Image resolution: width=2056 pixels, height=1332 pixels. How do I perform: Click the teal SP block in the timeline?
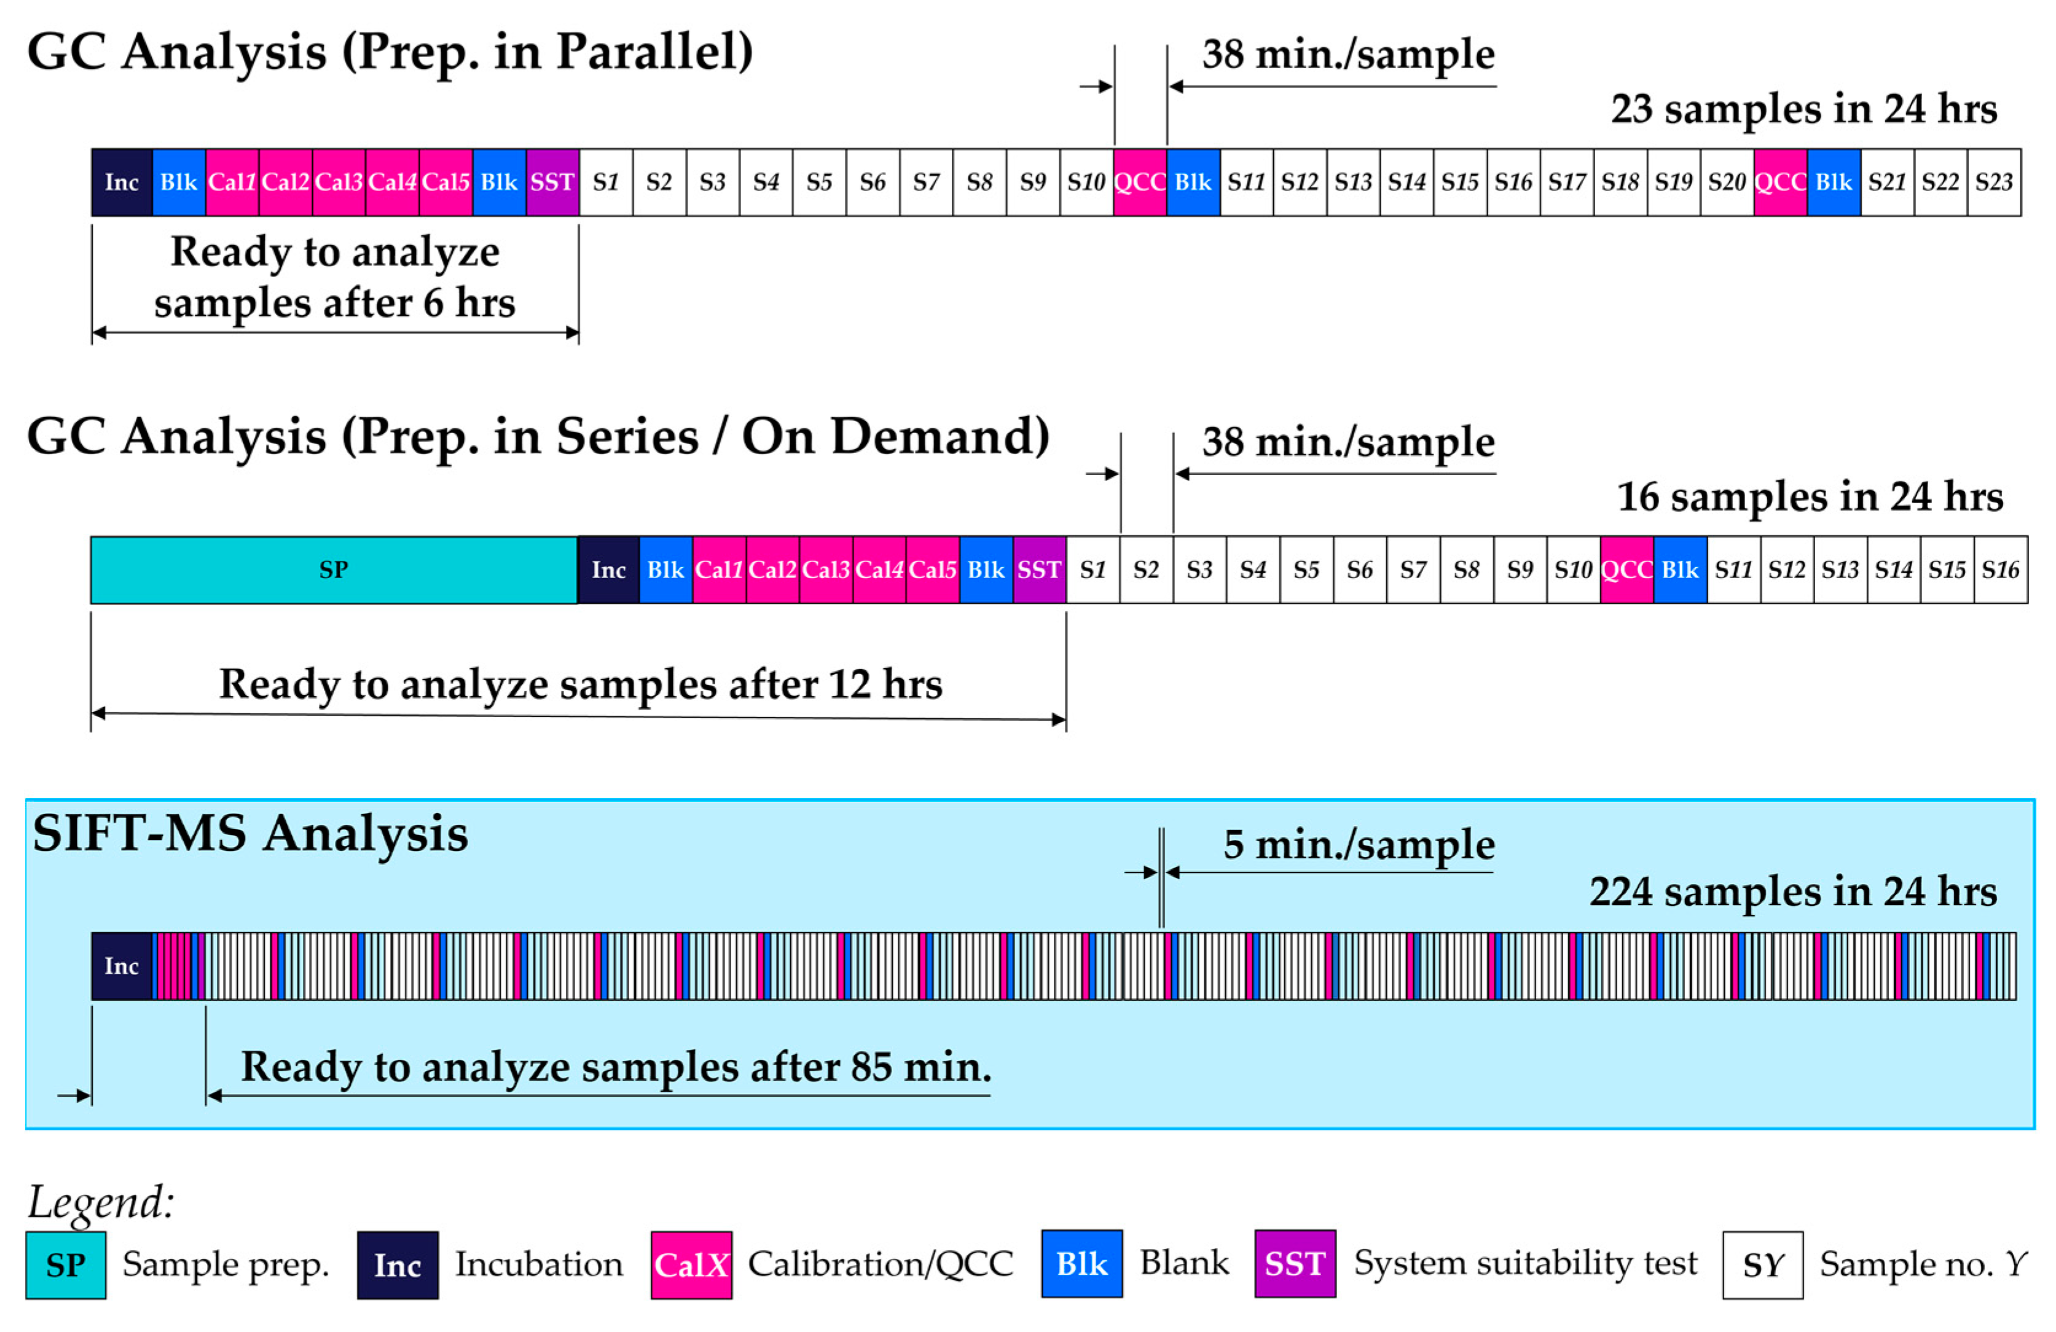click(x=334, y=570)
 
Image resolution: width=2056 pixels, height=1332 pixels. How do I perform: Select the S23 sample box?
click(x=1993, y=182)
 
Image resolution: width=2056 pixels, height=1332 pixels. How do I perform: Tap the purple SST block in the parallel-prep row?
click(x=552, y=182)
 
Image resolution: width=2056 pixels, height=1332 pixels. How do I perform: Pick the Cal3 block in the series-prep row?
click(x=826, y=570)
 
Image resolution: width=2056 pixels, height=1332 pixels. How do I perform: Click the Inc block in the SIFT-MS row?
click(x=122, y=966)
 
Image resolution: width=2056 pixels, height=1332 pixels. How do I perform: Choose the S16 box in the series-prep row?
click(x=2000, y=570)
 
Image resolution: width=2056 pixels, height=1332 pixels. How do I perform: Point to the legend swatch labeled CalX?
click(x=691, y=1264)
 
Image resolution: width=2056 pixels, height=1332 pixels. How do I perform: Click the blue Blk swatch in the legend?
click(x=1081, y=1264)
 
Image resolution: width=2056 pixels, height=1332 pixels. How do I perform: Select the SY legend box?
click(x=1762, y=1264)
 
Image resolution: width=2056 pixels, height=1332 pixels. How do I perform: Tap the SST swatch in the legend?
click(x=1295, y=1264)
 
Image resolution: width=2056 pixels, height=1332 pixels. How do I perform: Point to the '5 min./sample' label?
click(x=1358, y=845)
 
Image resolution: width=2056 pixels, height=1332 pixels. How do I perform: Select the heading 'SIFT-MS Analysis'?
click(x=251, y=834)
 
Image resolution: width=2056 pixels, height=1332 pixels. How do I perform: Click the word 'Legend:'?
click(x=101, y=1202)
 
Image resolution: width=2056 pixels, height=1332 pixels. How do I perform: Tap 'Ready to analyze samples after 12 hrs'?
click(x=581, y=684)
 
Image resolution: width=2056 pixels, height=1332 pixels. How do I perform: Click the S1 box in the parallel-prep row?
click(x=606, y=182)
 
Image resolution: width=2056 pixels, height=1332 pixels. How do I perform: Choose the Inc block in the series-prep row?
click(x=608, y=570)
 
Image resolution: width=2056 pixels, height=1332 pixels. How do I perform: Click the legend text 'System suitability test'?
click(x=1524, y=1263)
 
